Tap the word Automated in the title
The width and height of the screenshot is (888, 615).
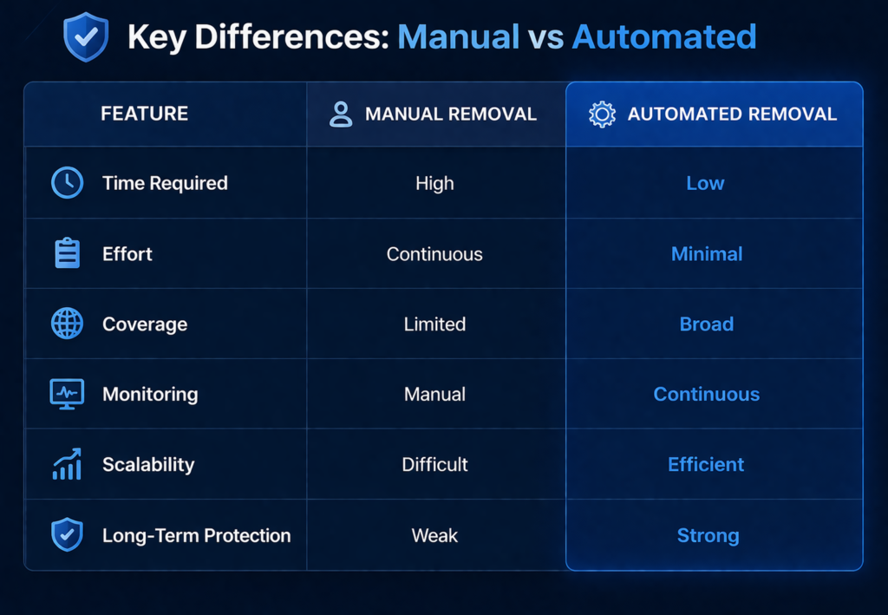[x=664, y=37]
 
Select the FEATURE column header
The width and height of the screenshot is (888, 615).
[x=144, y=114]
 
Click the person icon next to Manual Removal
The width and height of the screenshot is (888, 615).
[x=341, y=114]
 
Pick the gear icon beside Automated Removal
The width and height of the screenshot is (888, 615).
[x=601, y=114]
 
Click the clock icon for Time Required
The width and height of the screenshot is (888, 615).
[x=68, y=183]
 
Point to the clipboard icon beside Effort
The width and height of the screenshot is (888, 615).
[x=68, y=253]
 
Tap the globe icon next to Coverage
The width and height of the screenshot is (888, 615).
[x=68, y=324]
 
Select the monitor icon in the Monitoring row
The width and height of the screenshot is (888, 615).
[x=68, y=394]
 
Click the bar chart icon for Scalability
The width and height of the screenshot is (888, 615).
[x=68, y=464]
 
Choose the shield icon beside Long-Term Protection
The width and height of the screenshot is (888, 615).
[x=68, y=534]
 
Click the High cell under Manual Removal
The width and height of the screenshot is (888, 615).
[x=434, y=183]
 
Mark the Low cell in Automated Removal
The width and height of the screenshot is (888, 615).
[x=705, y=183]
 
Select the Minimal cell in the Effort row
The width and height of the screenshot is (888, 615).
[x=707, y=254]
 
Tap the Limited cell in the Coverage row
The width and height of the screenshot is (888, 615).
[x=434, y=324]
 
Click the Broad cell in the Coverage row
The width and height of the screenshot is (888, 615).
[x=707, y=324]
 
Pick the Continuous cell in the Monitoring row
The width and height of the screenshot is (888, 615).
[x=706, y=395]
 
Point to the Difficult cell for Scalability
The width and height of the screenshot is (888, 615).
[x=434, y=465]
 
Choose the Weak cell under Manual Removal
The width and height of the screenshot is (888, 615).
[x=434, y=535]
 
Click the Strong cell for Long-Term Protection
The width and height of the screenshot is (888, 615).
[x=708, y=535]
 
